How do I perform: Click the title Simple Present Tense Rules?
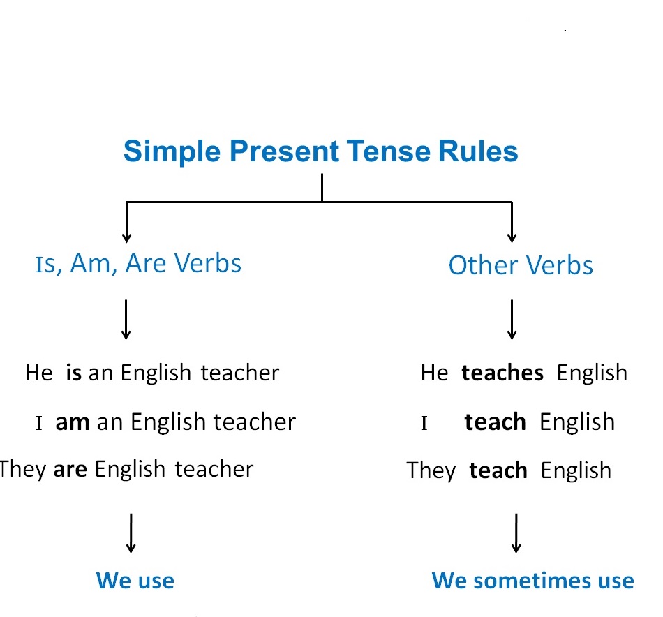[321, 151]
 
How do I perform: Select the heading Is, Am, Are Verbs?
[138, 264]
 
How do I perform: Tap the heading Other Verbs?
[521, 265]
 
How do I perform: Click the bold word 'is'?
[74, 373]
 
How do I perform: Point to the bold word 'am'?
[73, 422]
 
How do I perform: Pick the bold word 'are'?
[70, 468]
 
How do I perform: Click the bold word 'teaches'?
[502, 373]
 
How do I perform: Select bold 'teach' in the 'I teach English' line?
[495, 422]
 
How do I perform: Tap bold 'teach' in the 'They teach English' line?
[498, 470]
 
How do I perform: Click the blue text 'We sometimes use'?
[532, 580]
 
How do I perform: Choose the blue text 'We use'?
[135, 580]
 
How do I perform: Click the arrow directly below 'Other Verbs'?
[512, 319]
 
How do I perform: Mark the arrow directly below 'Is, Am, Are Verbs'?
[126, 319]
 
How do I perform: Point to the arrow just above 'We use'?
[131, 533]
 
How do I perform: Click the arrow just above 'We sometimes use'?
[516, 533]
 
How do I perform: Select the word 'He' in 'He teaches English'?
[434, 373]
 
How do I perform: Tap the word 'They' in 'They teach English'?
[431, 470]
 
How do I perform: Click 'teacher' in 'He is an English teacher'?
[240, 373]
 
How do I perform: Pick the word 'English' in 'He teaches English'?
[592, 373]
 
